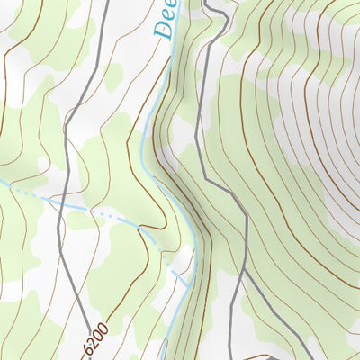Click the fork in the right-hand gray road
click(246, 269)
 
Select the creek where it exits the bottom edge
click(166, 358)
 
